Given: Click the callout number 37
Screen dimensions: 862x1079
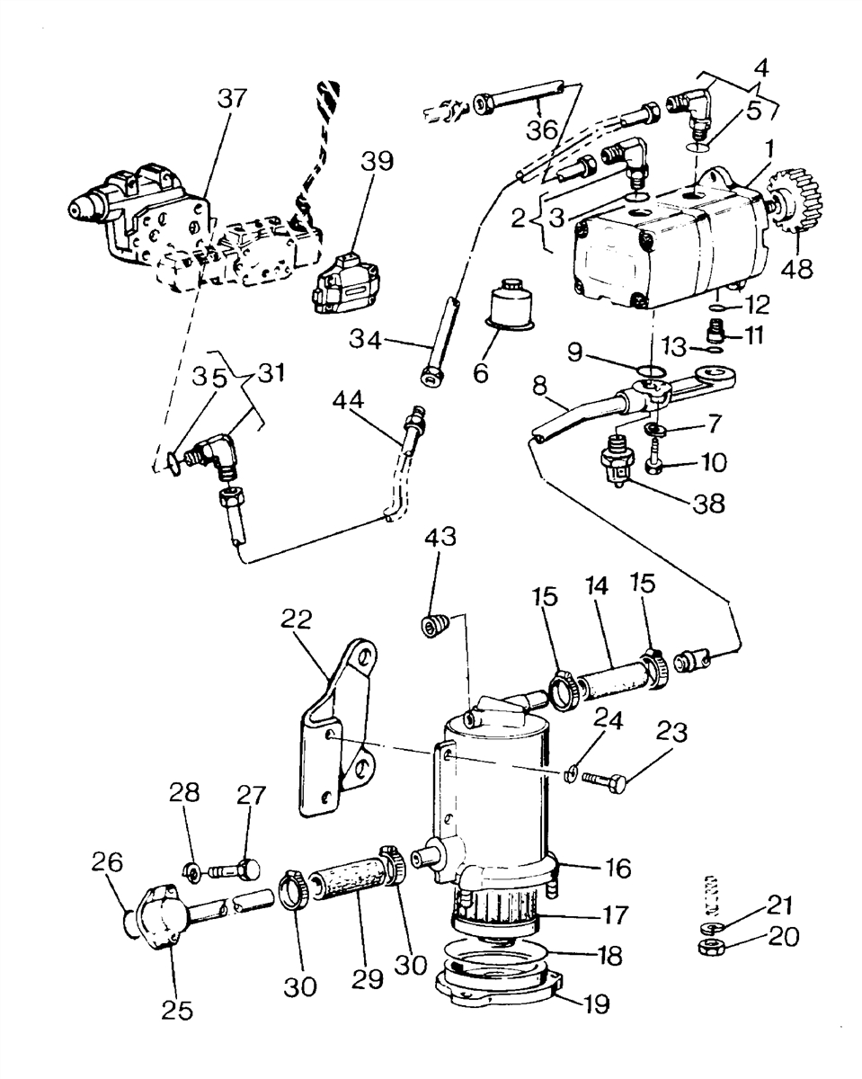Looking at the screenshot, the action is click(232, 99).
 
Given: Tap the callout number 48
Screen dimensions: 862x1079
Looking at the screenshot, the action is click(797, 269).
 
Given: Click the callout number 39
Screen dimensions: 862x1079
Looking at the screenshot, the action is click(377, 161).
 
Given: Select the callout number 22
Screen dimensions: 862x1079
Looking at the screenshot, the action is click(297, 620).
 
